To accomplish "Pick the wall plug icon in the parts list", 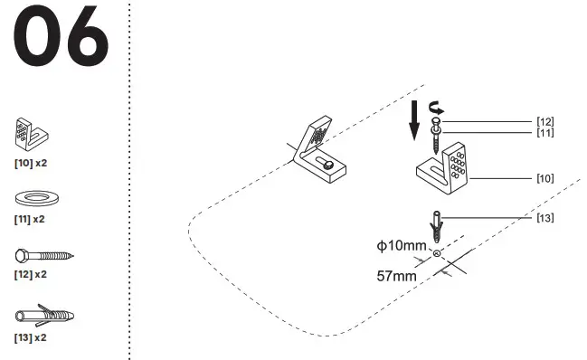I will coord(43,317).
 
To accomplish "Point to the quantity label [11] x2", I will coord(31,219).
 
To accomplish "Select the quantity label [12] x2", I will coord(31,273).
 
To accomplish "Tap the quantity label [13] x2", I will coord(31,337).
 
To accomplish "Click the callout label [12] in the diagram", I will coord(544,121).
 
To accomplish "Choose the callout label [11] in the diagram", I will coord(544,133).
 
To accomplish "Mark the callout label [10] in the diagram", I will coord(544,178).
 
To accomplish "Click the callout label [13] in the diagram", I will coord(544,217).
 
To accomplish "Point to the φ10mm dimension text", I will coord(402,246).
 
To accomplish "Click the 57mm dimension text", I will coord(395,275).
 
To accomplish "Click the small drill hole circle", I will coord(437,254).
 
